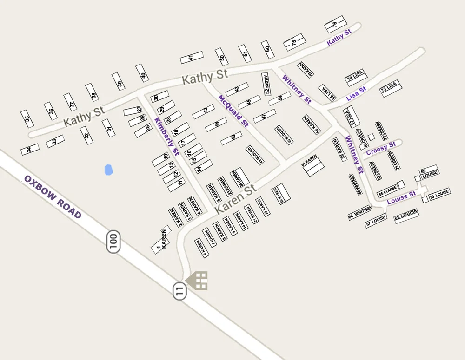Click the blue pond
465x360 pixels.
108,170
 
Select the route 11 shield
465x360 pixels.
179,291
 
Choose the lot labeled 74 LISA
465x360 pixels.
355,77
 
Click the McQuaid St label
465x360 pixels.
233,110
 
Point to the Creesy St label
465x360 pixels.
381,149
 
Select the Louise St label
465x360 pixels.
401,197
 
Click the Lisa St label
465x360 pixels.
356,92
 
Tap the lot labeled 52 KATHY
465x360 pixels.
266,84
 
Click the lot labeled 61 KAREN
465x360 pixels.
311,166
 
